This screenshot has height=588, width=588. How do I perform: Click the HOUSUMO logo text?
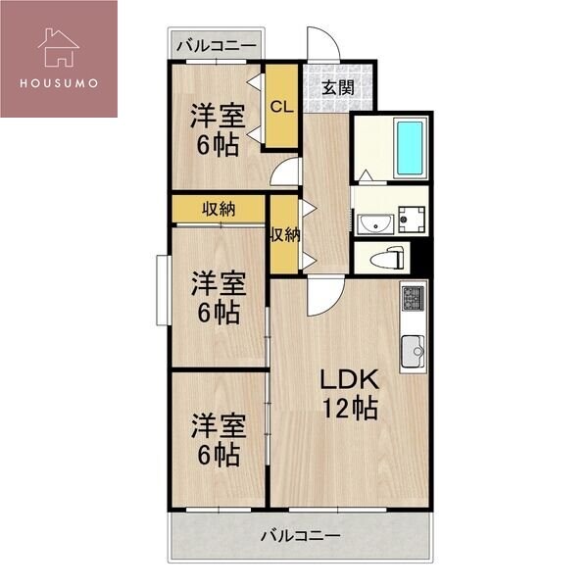58,82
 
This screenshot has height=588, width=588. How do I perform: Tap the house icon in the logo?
58,46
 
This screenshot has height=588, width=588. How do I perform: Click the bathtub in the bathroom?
410,148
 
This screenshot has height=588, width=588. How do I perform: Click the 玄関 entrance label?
338,86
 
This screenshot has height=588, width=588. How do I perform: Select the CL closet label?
281,106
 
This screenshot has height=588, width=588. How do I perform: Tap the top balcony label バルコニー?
217,45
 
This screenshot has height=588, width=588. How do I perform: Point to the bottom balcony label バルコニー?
300,536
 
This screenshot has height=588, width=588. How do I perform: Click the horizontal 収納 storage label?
220,209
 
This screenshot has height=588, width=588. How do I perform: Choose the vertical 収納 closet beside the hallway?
284,235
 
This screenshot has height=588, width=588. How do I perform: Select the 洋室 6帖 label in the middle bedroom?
217,299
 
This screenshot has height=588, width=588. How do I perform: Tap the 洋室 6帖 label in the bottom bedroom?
217,440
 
